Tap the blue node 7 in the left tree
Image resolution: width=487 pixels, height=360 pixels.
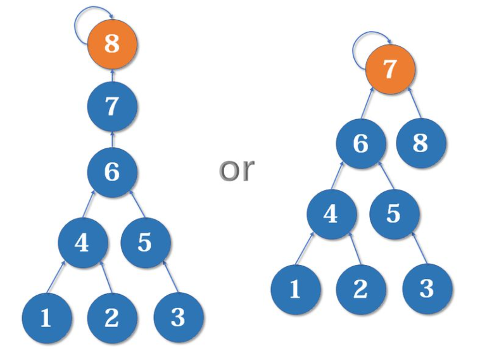112,106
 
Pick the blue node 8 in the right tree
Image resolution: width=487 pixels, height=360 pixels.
421,143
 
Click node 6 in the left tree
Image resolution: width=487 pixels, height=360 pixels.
112,171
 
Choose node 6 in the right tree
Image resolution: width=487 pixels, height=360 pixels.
360,143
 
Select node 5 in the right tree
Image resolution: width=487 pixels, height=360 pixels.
393,214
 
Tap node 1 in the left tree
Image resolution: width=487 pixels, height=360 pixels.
46,317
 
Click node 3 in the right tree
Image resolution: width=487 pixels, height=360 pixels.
427,288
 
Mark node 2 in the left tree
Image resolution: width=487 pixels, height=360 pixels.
111,317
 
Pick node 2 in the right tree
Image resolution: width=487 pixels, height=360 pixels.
360,288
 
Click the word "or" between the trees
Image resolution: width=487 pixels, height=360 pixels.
237,169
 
